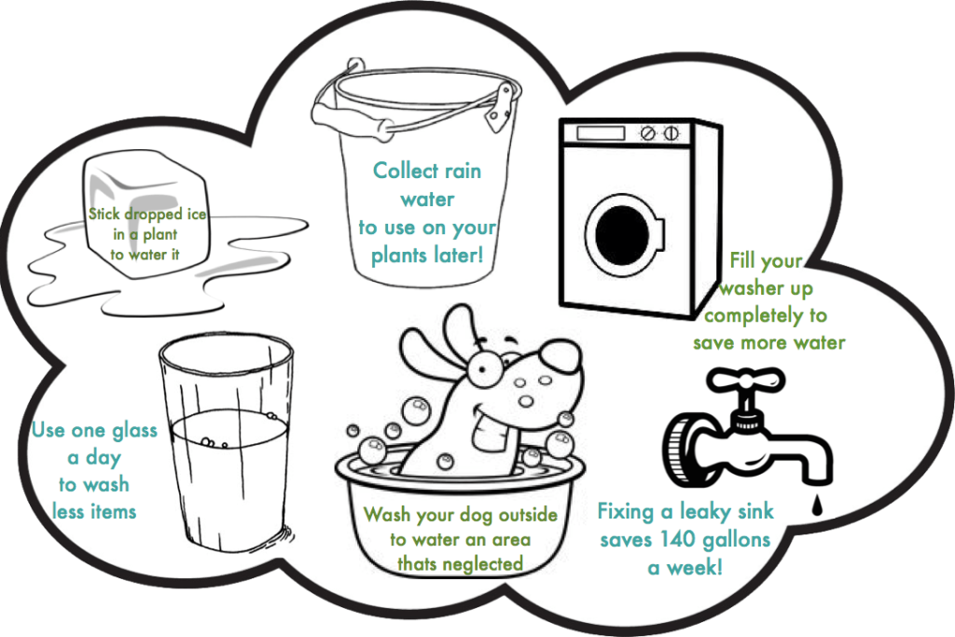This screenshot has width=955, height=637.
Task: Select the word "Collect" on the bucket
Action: pos(407,171)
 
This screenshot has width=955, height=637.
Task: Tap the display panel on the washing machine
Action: pos(596,135)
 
